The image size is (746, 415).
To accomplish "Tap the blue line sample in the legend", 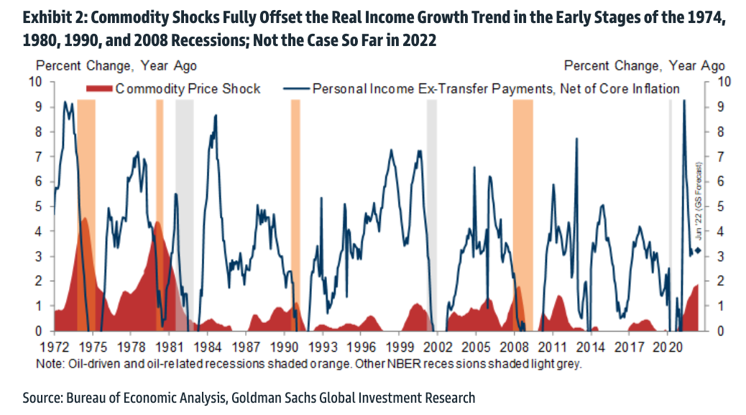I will tap(296, 89).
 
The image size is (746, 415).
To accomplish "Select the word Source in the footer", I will tap(41, 397).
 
